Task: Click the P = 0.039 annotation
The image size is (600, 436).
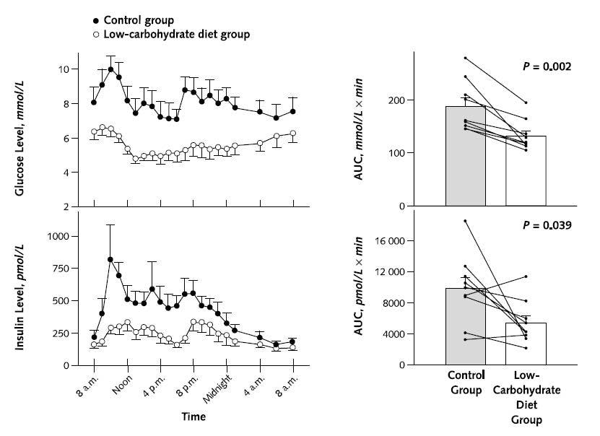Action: [547, 225]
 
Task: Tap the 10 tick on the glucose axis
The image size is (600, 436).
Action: [64, 69]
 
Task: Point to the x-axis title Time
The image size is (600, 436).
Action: [193, 417]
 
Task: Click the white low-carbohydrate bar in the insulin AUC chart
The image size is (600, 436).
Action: [526, 344]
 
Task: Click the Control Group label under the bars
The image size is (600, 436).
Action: [464, 383]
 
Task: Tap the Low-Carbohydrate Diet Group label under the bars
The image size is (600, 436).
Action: [526, 396]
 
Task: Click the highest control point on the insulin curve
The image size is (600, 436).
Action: [110, 259]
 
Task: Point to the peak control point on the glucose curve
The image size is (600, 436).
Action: [110, 70]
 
